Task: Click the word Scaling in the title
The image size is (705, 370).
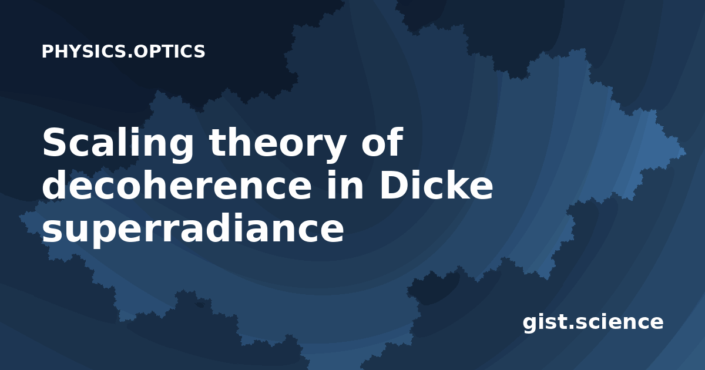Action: click(117, 143)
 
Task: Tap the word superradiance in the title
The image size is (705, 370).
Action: click(193, 228)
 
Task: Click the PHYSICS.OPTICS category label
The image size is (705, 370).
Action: click(123, 51)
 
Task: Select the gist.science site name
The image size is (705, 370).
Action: click(593, 322)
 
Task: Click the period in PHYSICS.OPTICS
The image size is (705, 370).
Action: click(130, 56)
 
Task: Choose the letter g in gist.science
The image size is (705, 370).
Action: click(532, 325)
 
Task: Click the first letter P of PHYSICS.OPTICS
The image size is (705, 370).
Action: click(48, 51)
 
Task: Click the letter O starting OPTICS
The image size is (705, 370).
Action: click(142, 51)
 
